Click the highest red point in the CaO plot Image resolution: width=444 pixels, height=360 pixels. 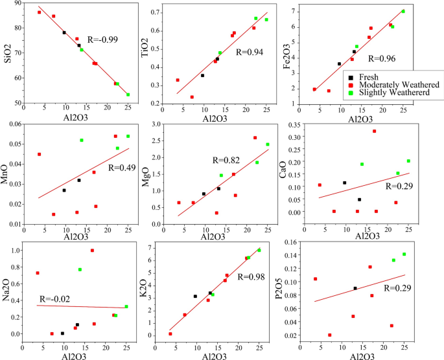click(x=374, y=131)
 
